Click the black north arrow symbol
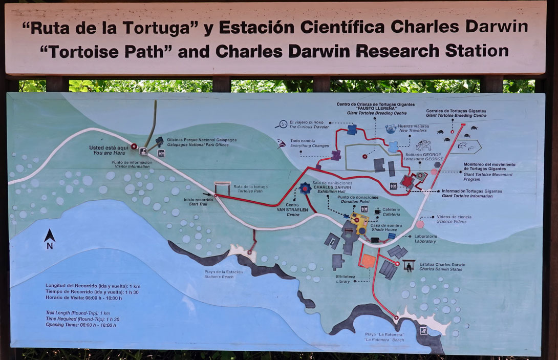pos(50,236)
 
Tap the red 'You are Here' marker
pos(134,146)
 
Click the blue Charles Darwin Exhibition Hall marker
pos(306,188)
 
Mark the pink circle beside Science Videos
pos(420,224)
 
